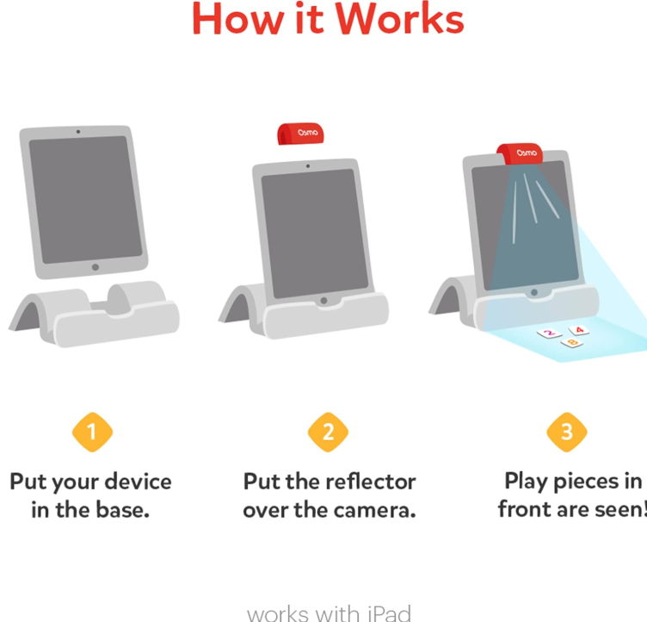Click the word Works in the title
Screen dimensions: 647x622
[x=399, y=20]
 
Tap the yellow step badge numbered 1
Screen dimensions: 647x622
[x=92, y=432]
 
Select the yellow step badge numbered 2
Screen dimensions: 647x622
[x=328, y=432]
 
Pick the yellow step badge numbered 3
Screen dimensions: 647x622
[x=566, y=432]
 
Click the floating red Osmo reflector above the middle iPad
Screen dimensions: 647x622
[x=300, y=134]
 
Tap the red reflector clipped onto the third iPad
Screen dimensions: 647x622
[x=520, y=153]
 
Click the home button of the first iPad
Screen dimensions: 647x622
[x=96, y=267]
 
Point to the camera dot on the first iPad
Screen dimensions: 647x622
[x=78, y=132]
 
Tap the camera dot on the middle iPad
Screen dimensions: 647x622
[x=308, y=166]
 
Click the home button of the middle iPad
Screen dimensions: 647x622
[x=323, y=301]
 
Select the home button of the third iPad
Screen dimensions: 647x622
[x=534, y=292]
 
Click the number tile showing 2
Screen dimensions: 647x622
[x=549, y=333]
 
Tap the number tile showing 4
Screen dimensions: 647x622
[x=579, y=330]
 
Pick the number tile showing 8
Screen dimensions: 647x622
[x=572, y=343]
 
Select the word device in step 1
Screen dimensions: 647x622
[x=138, y=482]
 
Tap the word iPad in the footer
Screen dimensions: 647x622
[x=389, y=613]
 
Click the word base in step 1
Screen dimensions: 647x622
[x=122, y=510]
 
